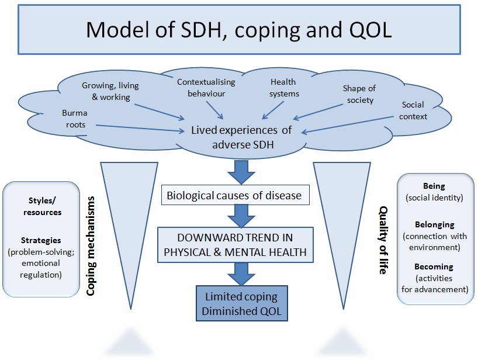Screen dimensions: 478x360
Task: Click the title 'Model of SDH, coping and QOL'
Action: (x=238, y=30)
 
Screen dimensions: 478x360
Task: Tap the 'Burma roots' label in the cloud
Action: (x=75, y=119)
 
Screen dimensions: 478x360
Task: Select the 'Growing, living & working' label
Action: (x=110, y=91)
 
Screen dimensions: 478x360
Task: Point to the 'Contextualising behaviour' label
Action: (x=206, y=88)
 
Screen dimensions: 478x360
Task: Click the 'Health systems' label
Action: (x=284, y=88)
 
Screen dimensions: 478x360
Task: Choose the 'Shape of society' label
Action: (x=359, y=94)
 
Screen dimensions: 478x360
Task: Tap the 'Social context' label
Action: (x=413, y=110)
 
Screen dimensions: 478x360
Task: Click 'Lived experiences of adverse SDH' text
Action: (x=241, y=137)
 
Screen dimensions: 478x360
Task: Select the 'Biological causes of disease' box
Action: (x=235, y=195)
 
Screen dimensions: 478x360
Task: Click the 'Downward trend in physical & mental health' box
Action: (x=235, y=245)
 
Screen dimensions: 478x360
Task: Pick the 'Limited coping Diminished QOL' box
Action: (x=242, y=303)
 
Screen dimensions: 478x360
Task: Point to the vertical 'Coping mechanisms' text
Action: (x=91, y=245)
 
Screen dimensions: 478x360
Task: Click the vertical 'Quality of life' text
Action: (x=383, y=240)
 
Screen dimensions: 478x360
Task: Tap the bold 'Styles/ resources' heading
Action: (x=43, y=206)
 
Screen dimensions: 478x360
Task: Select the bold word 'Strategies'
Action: (x=41, y=240)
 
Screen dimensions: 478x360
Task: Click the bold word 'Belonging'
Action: (x=434, y=224)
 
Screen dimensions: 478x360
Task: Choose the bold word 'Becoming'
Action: (x=434, y=266)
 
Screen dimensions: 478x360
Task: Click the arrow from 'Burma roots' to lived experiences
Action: (x=140, y=128)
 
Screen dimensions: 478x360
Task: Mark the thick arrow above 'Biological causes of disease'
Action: (x=241, y=172)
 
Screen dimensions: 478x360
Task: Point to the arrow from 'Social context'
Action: (x=348, y=124)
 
